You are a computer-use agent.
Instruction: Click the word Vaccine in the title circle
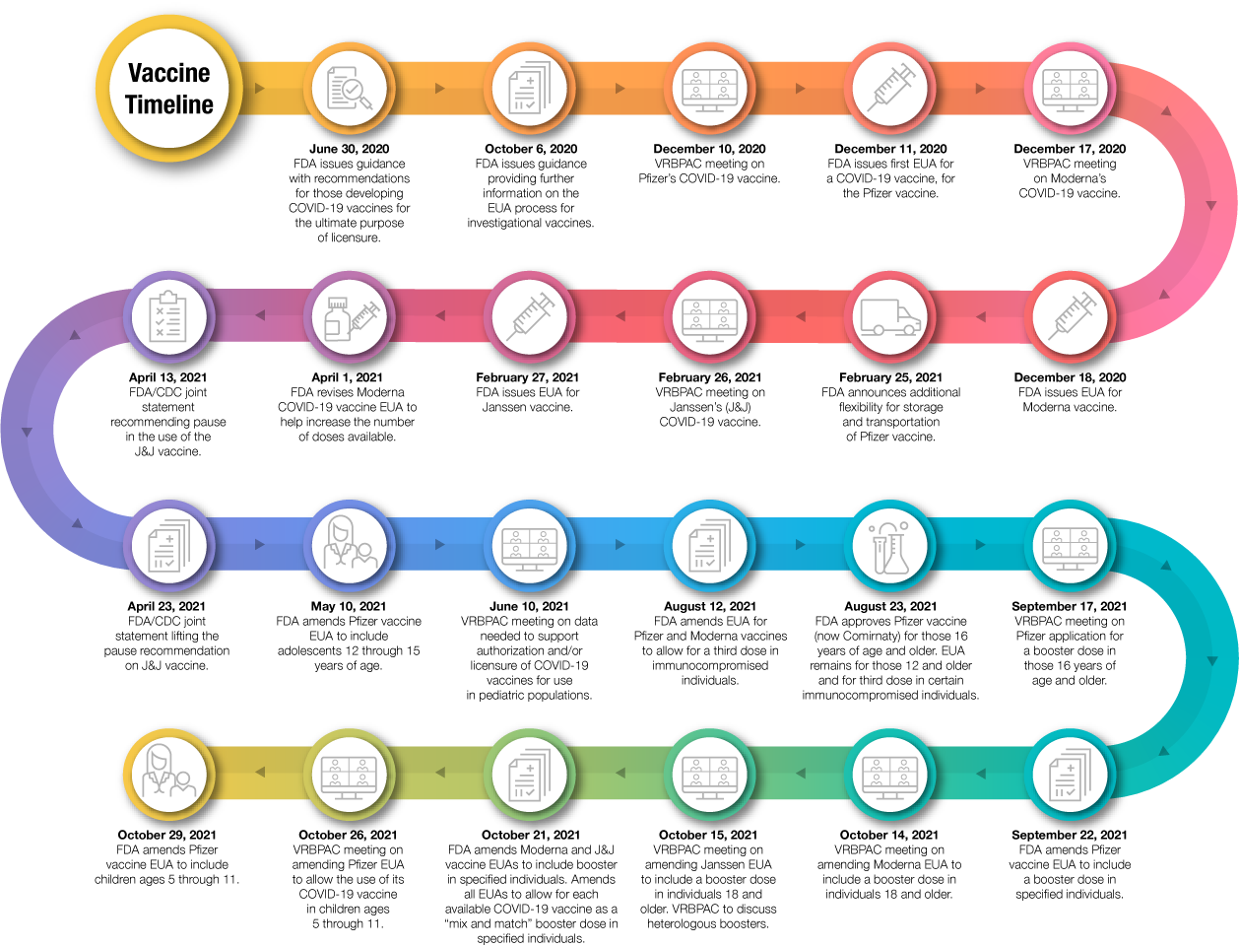168,73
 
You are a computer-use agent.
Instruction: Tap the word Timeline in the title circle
168,104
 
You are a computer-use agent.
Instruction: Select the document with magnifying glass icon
349,89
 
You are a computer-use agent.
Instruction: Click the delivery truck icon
890,317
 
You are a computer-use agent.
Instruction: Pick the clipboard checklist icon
169,317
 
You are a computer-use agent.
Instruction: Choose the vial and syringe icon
350,317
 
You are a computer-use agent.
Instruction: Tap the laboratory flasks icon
890,545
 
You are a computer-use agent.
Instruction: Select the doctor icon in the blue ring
350,545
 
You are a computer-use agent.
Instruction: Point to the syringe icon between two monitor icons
890,89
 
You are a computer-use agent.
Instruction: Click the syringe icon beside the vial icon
530,317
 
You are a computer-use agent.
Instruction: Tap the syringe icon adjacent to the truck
1071,317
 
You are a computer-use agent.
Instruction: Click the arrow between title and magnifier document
259,89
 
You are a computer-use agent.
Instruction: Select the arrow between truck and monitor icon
801,317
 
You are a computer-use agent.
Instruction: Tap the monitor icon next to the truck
710,317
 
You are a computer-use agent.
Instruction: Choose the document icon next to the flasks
710,545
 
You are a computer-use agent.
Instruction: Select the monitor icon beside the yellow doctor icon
350,774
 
